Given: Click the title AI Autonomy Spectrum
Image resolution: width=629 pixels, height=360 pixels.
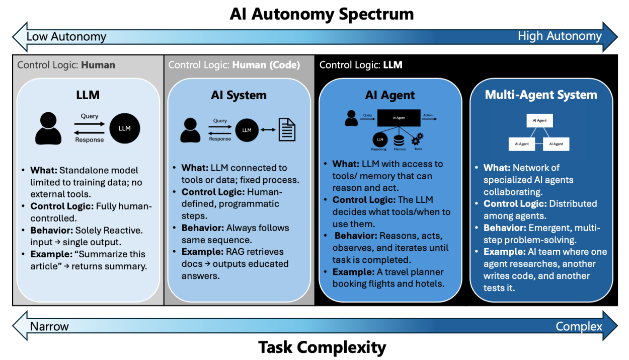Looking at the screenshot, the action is [322, 14].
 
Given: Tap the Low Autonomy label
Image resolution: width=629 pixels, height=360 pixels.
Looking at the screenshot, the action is [66, 37].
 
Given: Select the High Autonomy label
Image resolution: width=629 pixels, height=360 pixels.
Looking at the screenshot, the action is [560, 36].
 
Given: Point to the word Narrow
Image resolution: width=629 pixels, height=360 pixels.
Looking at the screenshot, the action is [49, 326].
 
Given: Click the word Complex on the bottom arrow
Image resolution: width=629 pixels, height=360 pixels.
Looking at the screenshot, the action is [579, 327].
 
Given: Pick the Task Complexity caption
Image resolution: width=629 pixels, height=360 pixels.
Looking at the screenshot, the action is [322, 347].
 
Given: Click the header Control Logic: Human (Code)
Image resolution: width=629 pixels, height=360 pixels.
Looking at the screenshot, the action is [234, 65].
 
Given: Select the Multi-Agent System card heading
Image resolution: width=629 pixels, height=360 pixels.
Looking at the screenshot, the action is [541, 95].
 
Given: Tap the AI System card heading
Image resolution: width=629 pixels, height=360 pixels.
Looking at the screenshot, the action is [239, 95].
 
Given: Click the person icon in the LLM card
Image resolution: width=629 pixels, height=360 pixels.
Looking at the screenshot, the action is [48, 128].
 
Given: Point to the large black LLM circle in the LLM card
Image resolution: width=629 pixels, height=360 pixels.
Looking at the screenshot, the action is [125, 128].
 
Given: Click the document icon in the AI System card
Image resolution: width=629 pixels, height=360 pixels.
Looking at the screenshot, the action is [287, 129].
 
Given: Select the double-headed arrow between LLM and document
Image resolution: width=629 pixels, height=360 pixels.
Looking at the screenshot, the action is [268, 130].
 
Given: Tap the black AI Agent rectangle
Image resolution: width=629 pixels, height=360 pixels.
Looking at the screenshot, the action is [399, 118].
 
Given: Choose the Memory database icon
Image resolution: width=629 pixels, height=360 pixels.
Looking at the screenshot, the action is [399, 141].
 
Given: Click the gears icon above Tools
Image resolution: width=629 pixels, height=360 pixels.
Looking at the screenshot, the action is [417, 139].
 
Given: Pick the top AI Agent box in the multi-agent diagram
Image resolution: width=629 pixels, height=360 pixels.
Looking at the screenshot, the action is [540, 120].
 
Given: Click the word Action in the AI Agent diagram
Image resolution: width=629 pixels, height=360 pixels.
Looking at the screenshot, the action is [428, 115].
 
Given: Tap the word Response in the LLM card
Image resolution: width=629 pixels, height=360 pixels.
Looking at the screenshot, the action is [89, 140].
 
